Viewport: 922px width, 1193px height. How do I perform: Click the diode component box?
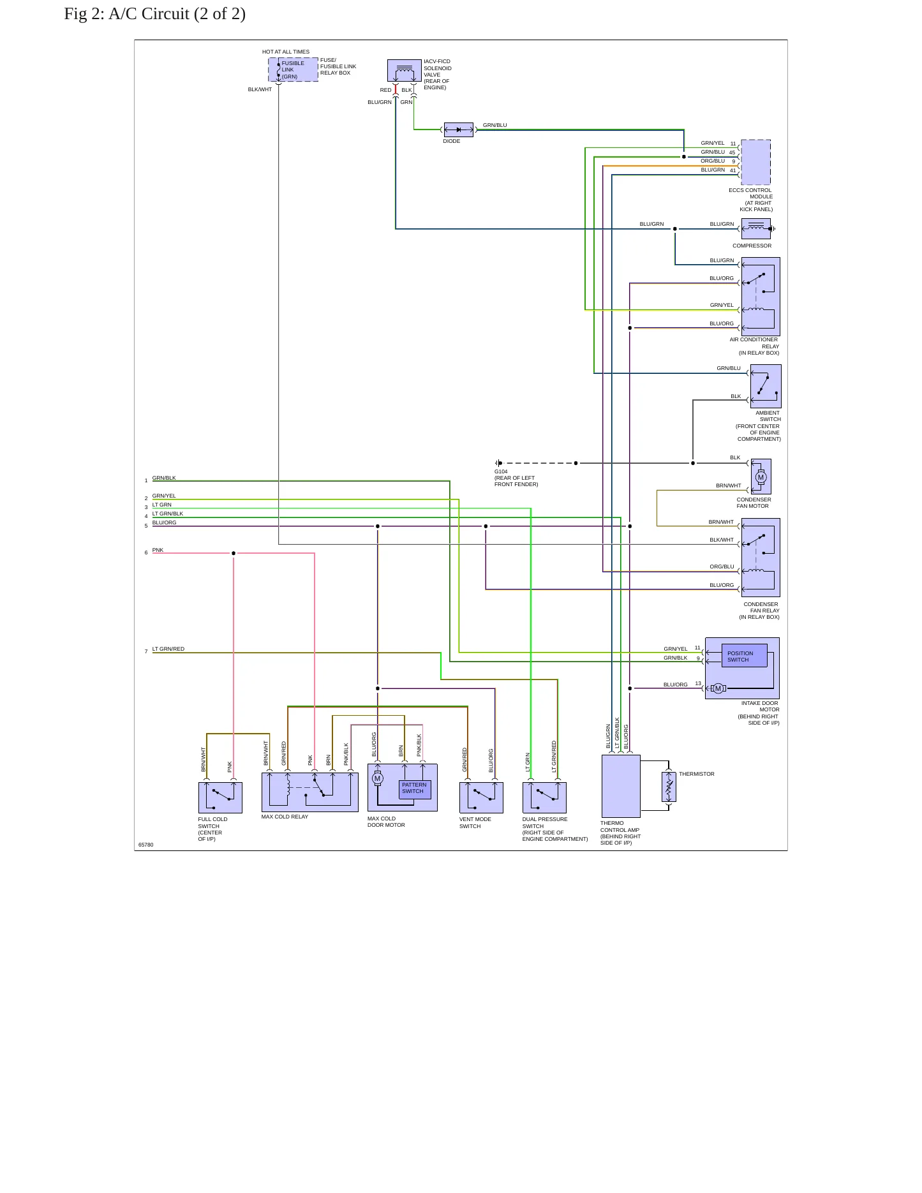coord(459,130)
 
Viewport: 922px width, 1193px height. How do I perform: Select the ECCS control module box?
coord(756,162)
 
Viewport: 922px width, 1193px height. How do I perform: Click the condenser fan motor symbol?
coord(761,477)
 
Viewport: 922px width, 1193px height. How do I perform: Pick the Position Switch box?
coord(744,656)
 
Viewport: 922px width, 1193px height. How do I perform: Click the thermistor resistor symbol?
coord(669,787)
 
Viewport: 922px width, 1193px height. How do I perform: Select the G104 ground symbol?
coord(498,463)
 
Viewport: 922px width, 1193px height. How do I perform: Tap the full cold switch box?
coord(220,797)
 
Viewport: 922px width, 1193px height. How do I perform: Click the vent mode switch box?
coord(481,797)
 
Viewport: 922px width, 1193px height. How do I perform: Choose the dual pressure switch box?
coord(544,797)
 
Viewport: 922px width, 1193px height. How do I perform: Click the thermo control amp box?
coord(621,786)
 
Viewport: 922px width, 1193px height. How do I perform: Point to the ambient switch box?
coord(766,386)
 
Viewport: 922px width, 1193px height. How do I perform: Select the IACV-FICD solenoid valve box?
coord(405,70)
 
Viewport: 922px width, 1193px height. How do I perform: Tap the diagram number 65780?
coord(146,845)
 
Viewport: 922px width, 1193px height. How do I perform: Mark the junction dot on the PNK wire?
coord(234,553)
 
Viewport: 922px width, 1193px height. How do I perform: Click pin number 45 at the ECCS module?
coord(732,153)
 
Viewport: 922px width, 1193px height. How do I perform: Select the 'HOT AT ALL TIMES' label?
coord(286,52)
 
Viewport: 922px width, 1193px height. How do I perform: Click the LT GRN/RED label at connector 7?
coord(168,649)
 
